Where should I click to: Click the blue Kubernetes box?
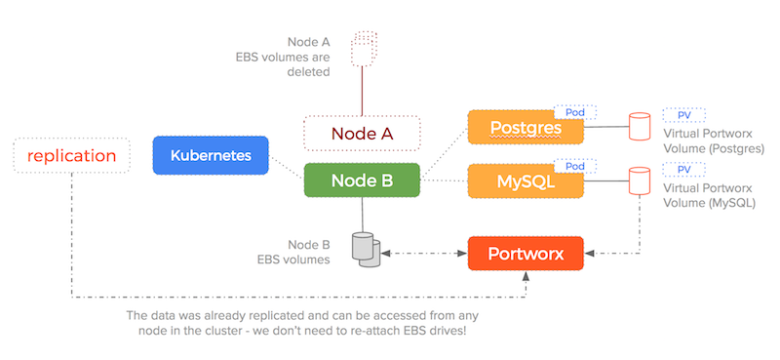pos(211,155)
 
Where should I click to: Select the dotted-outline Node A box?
pos(362,134)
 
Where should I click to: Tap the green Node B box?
pos(362,180)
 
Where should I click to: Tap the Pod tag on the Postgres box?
pos(575,113)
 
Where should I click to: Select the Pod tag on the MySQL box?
pos(575,166)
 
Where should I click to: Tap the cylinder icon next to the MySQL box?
pos(640,180)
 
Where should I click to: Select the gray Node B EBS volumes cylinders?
pos(364,250)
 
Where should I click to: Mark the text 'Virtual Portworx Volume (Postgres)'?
pos(713,141)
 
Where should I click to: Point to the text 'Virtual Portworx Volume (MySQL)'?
pos(713,194)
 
